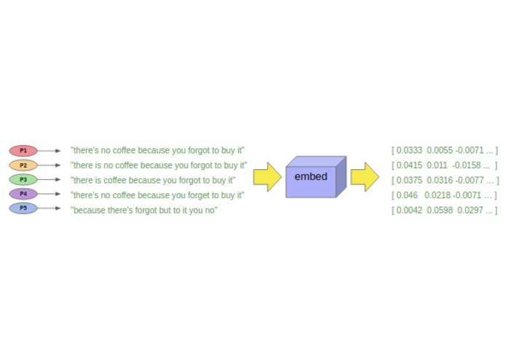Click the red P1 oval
click(23, 151)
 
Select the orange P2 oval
click(23, 165)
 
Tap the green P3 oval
click(23, 180)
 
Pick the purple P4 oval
click(23, 195)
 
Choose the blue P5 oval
click(23, 208)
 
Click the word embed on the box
click(311, 177)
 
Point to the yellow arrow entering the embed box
click(267, 177)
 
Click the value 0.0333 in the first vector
click(409, 151)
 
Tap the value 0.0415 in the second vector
click(409, 165)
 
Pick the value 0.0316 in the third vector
click(440, 181)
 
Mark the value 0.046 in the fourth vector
click(407, 195)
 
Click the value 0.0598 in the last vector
click(440, 211)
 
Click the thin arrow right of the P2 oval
click(50, 165)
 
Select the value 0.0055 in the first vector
click(440, 151)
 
